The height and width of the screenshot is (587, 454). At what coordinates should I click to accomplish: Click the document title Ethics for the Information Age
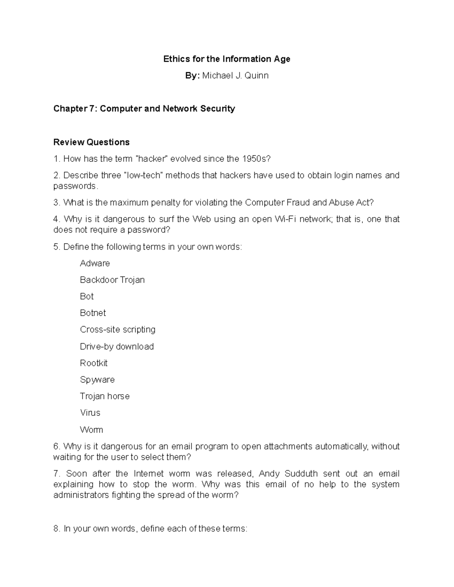[227, 59]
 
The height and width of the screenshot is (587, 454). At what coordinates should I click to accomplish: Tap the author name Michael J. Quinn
[235, 76]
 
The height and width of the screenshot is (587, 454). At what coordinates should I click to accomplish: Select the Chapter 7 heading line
[144, 109]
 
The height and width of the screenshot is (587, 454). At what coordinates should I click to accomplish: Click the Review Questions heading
[92, 142]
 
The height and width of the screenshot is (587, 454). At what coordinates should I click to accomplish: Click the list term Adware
[95, 263]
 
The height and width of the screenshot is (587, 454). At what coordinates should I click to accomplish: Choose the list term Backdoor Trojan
[112, 280]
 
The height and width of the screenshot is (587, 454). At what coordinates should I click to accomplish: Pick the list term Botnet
[93, 313]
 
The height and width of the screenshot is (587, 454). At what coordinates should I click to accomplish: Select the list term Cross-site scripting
[118, 330]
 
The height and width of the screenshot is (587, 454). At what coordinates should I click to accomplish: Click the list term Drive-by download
[117, 347]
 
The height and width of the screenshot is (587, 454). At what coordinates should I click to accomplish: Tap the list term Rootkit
[94, 363]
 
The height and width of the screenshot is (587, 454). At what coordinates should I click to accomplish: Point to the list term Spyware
[97, 380]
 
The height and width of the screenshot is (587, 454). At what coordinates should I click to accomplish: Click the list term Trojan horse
[105, 396]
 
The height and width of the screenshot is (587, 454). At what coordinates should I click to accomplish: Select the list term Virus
[90, 413]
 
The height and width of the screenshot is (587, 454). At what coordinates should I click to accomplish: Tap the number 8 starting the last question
[56, 529]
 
